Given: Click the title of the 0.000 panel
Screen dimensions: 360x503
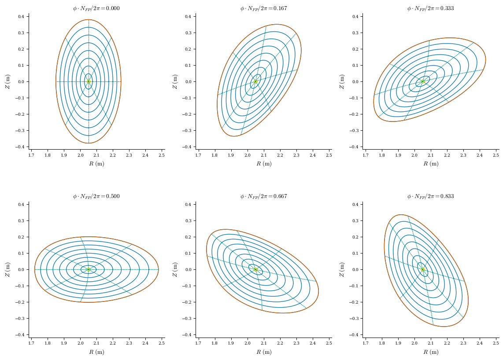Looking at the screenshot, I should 96,8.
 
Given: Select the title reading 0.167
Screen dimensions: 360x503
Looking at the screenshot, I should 263,8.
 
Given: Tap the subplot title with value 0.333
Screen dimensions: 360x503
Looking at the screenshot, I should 430,8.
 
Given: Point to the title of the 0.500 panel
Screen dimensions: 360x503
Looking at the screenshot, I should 96,196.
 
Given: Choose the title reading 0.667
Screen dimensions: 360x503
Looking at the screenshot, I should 263,196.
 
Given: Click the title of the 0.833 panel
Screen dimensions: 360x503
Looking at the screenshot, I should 430,196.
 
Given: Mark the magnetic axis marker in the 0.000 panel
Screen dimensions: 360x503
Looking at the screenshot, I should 89,81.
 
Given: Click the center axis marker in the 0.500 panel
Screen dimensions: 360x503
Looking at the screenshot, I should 89,269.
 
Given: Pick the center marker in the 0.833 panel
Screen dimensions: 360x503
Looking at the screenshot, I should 422,269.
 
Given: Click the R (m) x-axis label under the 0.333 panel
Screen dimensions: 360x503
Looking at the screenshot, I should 431,164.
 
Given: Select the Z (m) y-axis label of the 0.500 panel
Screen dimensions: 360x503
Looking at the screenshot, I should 7,269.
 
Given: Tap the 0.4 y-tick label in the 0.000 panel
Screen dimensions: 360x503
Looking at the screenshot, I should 21,17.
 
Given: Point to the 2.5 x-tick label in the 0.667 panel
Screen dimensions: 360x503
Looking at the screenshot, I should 329,343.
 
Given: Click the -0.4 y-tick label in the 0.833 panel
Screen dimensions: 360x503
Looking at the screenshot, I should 354,334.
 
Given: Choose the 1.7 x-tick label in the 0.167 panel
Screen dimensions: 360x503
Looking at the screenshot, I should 198,155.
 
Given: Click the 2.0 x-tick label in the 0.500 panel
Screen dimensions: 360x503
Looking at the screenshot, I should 80,343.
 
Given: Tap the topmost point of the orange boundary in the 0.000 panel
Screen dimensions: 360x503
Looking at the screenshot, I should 89,19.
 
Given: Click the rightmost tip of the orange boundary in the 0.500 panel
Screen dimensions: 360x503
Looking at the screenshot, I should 159,269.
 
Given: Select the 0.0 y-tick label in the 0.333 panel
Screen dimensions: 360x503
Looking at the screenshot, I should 355,81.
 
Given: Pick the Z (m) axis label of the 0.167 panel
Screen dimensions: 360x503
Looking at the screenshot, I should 175,81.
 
